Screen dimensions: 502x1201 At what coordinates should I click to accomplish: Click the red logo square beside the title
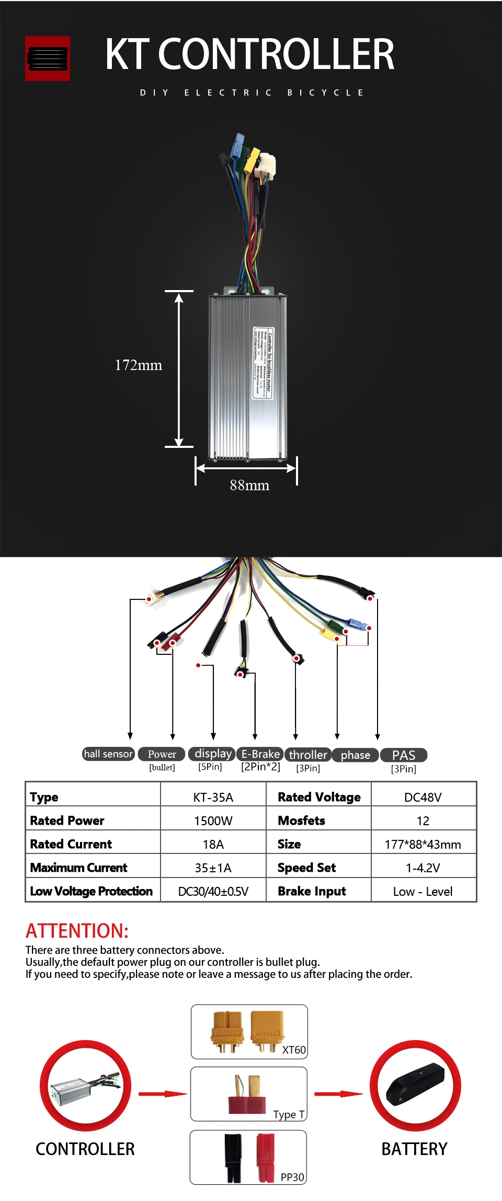(x=48, y=59)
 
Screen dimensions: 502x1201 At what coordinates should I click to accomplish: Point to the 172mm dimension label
(x=139, y=365)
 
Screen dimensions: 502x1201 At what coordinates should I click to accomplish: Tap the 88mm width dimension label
(x=249, y=486)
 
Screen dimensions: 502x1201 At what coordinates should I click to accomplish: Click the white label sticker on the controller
(x=263, y=363)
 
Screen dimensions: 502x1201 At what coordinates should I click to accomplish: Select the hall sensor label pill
(x=109, y=754)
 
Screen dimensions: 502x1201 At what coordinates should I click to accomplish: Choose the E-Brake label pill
(x=260, y=754)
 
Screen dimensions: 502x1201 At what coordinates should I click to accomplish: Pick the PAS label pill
(x=403, y=755)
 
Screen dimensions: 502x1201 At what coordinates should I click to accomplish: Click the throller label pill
(x=307, y=755)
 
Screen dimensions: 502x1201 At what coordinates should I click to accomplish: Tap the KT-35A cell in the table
(x=213, y=797)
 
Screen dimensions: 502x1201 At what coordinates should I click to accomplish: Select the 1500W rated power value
(x=213, y=821)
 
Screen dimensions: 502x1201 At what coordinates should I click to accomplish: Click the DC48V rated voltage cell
(x=423, y=797)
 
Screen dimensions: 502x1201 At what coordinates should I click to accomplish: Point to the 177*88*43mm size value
(x=423, y=844)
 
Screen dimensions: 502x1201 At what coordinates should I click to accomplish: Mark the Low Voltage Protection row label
(x=92, y=891)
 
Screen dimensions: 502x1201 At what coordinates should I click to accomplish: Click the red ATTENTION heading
(x=77, y=931)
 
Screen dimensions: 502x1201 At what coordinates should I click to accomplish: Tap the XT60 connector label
(x=293, y=1049)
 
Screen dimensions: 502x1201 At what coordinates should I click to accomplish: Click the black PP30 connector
(x=233, y=1158)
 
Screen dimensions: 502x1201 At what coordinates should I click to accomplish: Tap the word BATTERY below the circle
(x=414, y=1149)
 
